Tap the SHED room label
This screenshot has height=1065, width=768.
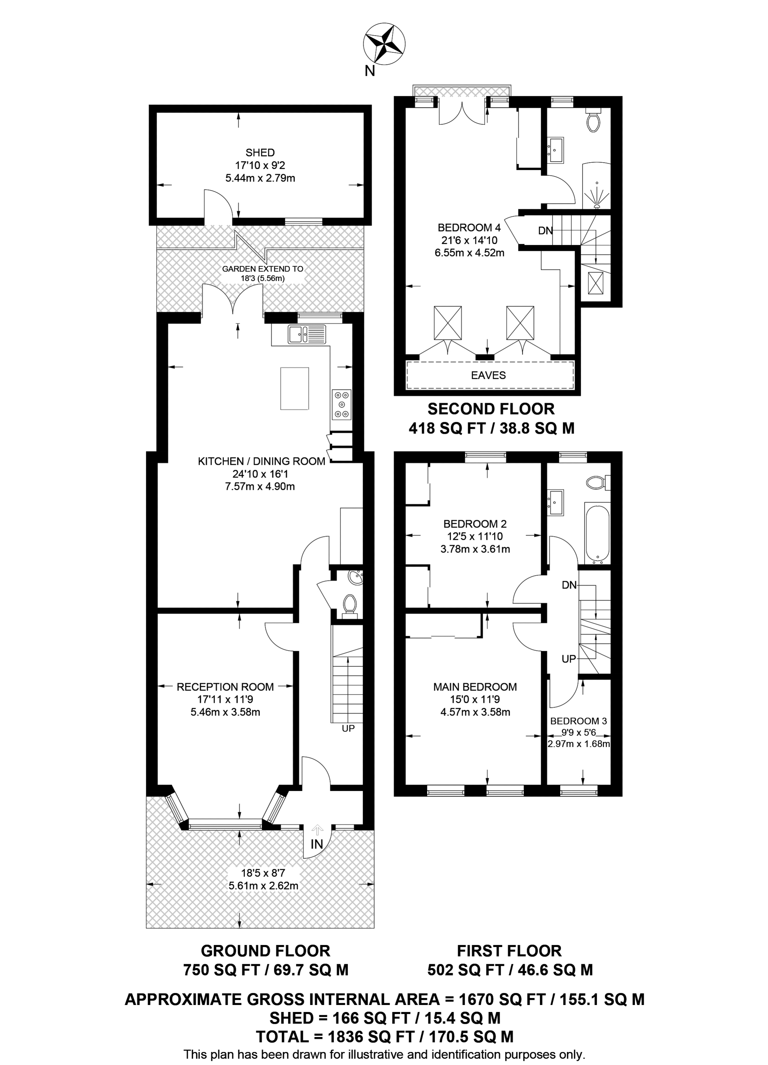pyautogui.click(x=260, y=152)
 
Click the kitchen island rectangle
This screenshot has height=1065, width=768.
pyautogui.click(x=295, y=389)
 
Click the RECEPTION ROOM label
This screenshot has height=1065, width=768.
pyautogui.click(x=225, y=687)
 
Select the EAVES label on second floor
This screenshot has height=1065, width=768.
pyautogui.click(x=488, y=375)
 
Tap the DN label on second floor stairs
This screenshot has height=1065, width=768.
pyautogui.click(x=545, y=231)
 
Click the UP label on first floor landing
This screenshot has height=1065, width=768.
pyautogui.click(x=568, y=659)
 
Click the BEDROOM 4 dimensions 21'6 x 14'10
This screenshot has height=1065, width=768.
pyautogui.click(x=469, y=240)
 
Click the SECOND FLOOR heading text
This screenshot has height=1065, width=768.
pyautogui.click(x=491, y=409)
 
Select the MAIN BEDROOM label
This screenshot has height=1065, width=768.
pyautogui.click(x=475, y=687)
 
